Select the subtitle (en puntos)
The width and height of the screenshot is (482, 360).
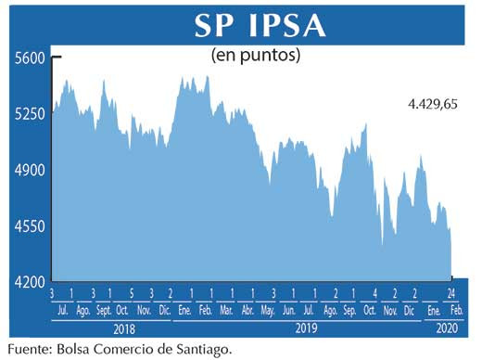256,55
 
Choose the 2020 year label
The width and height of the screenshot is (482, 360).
447,328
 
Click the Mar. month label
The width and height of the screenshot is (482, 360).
227,311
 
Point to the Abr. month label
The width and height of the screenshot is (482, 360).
248,311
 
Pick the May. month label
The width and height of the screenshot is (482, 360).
269,311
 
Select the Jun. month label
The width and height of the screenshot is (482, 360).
289,311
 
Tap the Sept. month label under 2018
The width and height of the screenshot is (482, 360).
104,311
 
